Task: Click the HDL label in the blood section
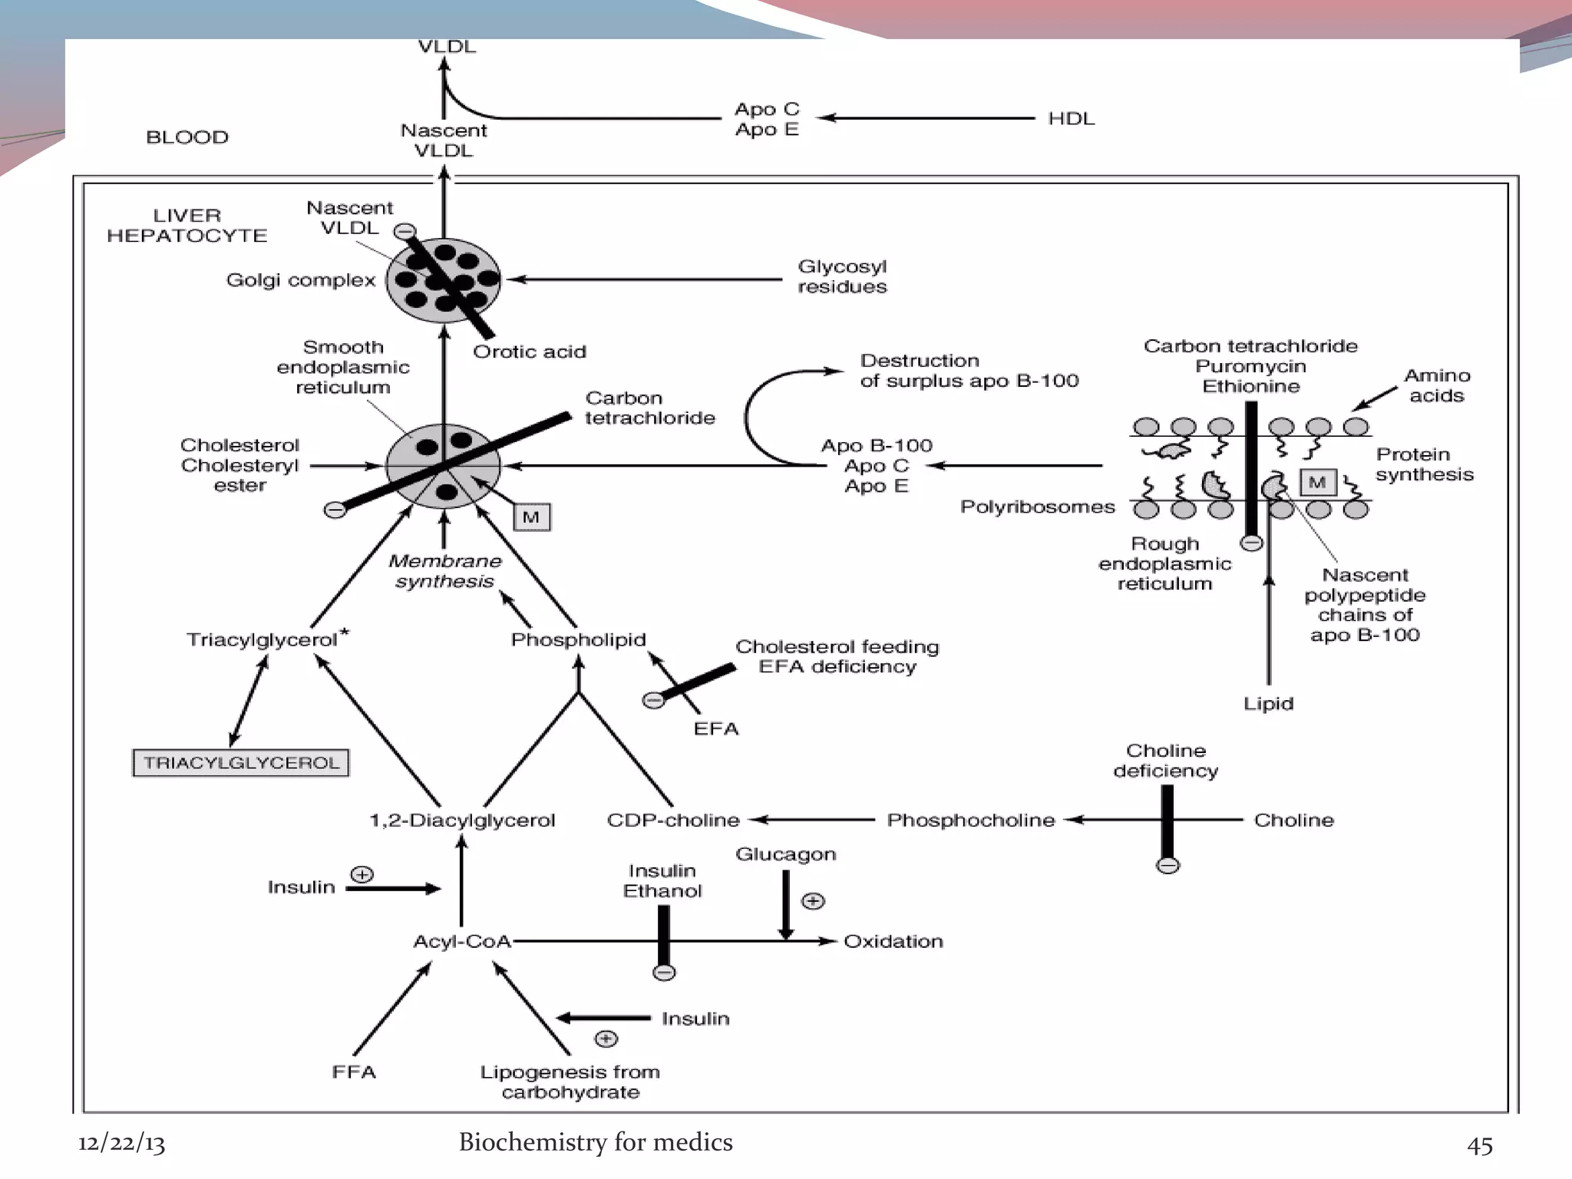coord(1071,118)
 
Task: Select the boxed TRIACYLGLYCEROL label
coord(241,763)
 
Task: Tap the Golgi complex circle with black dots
coord(443,280)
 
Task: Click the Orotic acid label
coord(529,352)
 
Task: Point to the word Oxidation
coord(893,941)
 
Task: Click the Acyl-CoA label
coord(461,941)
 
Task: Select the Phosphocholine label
coord(970,820)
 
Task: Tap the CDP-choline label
coord(672,820)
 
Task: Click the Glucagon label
coord(785,854)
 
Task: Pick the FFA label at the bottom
coord(354,1072)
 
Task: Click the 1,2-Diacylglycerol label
coord(461,820)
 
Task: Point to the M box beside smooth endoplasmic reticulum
coord(531,517)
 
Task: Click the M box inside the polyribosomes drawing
coord(1317,483)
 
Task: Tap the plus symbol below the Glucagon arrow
coord(813,900)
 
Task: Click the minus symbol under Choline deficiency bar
coord(1167,866)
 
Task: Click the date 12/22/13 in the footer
coord(121,1143)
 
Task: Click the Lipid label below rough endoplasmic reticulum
coord(1268,703)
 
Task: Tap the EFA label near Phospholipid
coord(715,728)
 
